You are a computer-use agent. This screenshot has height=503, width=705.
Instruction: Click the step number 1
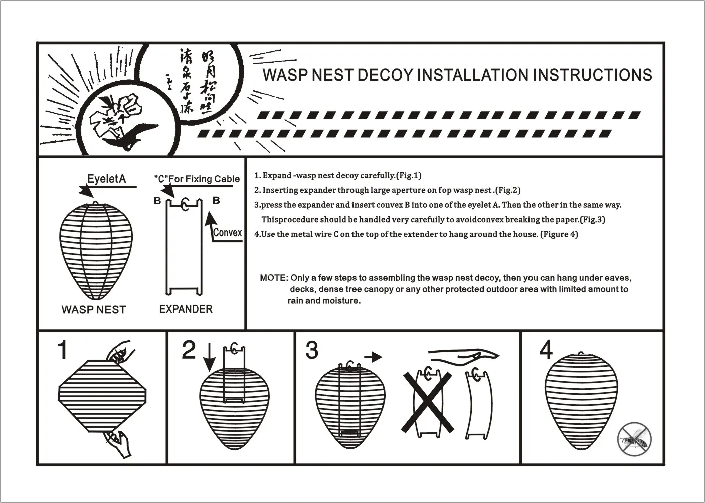[62, 350]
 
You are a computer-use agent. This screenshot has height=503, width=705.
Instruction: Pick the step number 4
[546, 349]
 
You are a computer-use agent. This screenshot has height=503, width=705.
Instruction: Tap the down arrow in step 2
[209, 358]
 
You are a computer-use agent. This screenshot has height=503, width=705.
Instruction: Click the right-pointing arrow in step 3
[373, 357]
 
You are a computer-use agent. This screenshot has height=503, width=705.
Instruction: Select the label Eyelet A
[106, 179]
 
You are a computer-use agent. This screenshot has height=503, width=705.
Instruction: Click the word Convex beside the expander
[227, 232]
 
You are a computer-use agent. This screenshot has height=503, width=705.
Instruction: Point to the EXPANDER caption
[186, 309]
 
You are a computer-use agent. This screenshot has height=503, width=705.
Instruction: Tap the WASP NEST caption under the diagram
[93, 309]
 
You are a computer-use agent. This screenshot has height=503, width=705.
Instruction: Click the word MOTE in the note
[273, 278]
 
